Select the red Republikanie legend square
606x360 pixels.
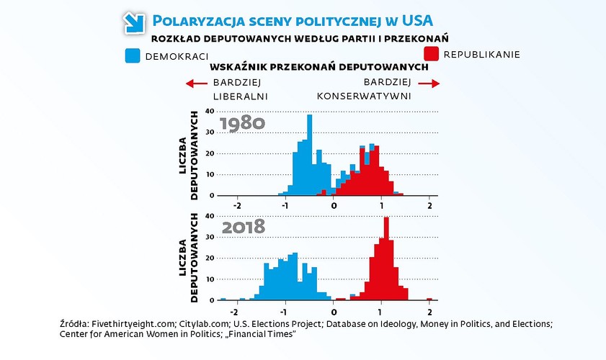(x=430, y=54)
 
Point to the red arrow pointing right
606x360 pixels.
(x=429, y=84)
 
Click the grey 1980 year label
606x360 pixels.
(x=243, y=123)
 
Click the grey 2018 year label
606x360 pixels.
(x=243, y=227)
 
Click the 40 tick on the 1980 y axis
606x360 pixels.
(x=210, y=111)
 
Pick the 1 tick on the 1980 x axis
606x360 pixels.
(x=382, y=206)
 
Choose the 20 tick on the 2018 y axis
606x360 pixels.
(x=210, y=258)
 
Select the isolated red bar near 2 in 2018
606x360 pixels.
(x=429, y=299)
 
